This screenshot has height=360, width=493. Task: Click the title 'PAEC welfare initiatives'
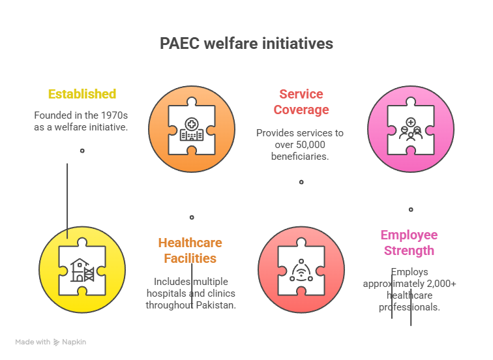click(246, 44)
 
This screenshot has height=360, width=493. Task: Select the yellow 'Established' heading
click(82, 94)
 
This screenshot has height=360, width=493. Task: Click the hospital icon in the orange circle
click(192, 129)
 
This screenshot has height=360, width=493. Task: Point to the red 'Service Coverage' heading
click(301, 102)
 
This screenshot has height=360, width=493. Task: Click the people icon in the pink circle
click(411, 129)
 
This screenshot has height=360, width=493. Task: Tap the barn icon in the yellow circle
click(82, 270)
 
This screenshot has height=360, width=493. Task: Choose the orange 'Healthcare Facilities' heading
click(190, 250)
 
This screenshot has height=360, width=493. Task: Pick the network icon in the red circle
click(301, 271)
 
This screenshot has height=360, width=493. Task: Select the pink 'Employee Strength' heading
click(409, 243)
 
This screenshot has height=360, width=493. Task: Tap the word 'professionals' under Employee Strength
click(409, 307)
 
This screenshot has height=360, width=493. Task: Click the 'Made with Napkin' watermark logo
click(51, 342)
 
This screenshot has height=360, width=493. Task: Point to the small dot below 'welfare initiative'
click(82, 151)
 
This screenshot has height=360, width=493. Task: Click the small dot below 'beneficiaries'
click(301, 182)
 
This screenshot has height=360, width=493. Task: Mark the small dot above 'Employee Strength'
click(411, 209)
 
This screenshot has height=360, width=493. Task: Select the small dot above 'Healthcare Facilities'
click(192, 217)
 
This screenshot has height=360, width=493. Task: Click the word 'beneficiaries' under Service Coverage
click(300, 157)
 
